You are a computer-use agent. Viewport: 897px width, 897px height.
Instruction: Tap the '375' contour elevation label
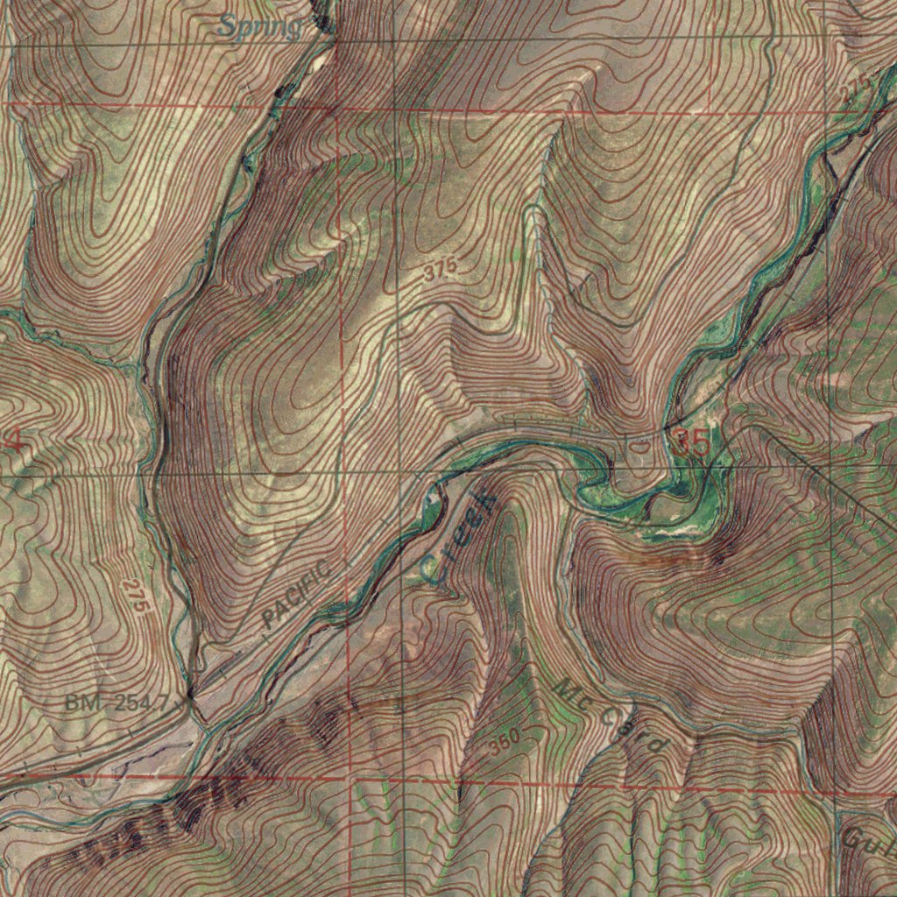pos(439,272)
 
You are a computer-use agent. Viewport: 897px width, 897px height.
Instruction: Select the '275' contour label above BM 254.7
pos(133,596)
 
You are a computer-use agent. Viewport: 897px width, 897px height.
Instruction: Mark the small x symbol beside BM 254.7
pos(187,700)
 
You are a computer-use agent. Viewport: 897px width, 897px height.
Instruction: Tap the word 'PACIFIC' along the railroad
pos(297,595)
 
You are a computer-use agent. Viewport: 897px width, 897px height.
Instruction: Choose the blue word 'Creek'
pos(458,536)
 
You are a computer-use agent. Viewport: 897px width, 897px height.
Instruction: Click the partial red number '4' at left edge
pos(13,441)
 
